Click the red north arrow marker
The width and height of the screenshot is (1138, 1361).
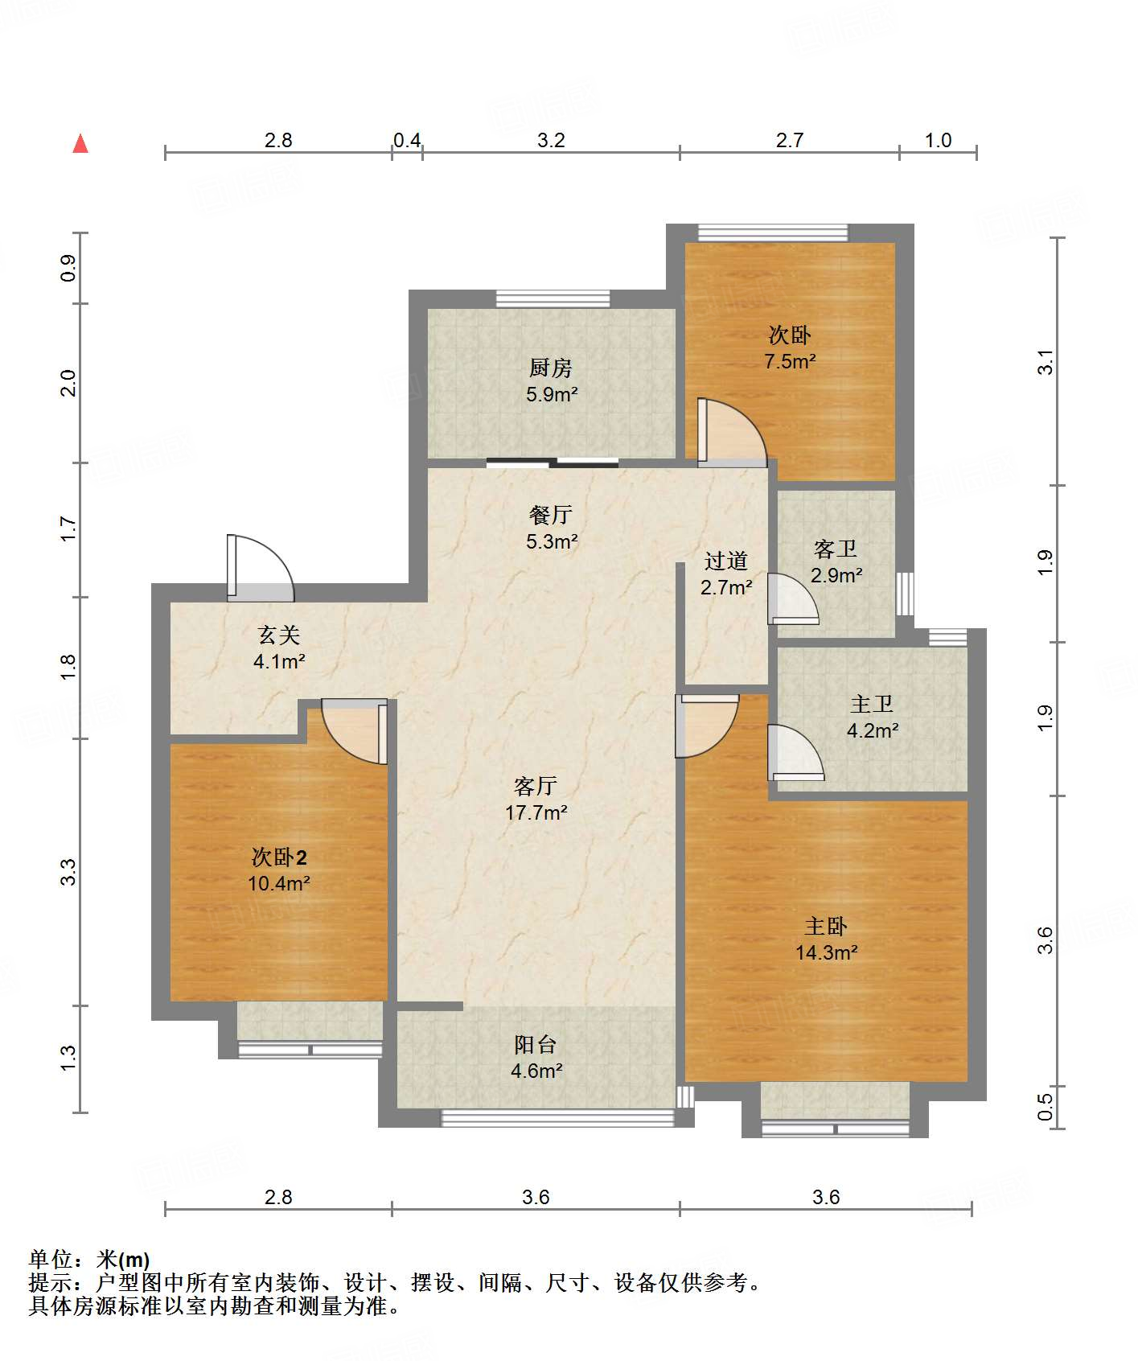pos(80,144)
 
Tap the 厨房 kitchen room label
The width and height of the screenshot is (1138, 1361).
pos(551,368)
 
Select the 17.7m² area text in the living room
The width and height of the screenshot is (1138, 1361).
pos(536,813)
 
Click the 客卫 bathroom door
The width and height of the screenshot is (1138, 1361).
pos(791,599)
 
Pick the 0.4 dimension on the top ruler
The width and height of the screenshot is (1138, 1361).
pos(407,140)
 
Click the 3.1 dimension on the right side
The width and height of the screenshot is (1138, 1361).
pos(1045,362)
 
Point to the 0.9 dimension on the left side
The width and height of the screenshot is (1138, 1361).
pos(68,267)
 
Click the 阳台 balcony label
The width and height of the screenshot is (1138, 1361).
pos(536,1045)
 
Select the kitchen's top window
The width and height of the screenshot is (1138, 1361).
pos(553,298)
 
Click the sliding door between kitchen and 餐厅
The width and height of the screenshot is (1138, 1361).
pos(553,463)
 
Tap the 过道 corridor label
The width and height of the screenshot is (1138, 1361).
pos(726,561)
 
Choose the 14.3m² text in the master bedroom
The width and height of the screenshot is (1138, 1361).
pos(827,953)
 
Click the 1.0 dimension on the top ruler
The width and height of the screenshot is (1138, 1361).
pos(938,140)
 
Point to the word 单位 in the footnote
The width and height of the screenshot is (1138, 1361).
pos(51,1260)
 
